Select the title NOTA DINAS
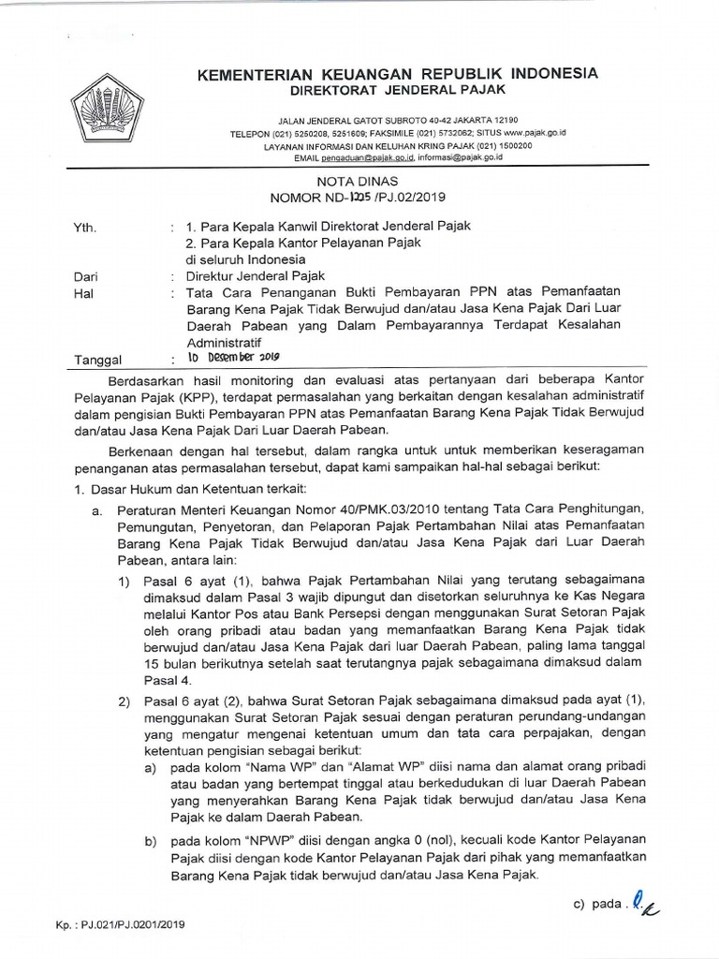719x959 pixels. pyautogui.click(x=359, y=181)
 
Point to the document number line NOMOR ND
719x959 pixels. pyautogui.click(x=359, y=199)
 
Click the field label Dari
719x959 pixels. pyautogui.click(x=84, y=276)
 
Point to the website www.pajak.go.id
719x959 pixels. pyautogui.click(x=530, y=133)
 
